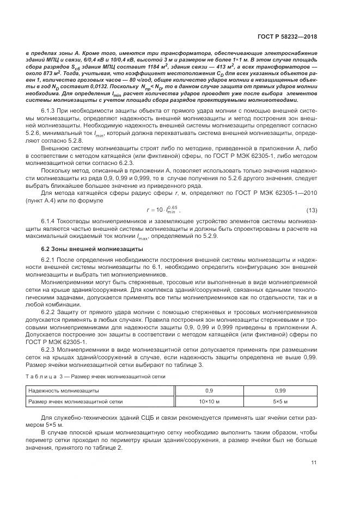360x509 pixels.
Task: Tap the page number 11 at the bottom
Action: click(314, 463)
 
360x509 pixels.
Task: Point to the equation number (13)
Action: click(312, 195)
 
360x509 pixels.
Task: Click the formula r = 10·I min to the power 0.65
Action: click(163, 195)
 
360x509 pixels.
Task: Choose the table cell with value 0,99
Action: click(280, 391)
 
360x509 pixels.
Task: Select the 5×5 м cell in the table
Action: click(280, 402)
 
